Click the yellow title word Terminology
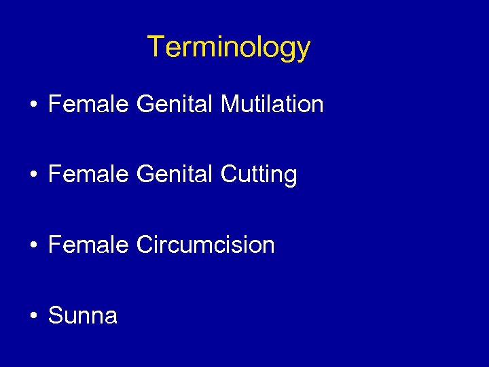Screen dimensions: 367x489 pos(229,48)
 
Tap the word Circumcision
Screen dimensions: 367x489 pos(205,245)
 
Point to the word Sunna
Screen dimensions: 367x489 pos(83,315)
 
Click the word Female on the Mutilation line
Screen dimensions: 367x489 pos(88,105)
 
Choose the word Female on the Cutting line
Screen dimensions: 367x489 pos(88,175)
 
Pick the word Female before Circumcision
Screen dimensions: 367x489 pos(88,245)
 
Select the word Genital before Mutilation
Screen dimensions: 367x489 pos(175,105)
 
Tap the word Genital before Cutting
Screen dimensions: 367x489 pos(175,175)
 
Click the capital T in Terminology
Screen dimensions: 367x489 pos(156,46)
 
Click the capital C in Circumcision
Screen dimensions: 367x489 pos(145,245)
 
